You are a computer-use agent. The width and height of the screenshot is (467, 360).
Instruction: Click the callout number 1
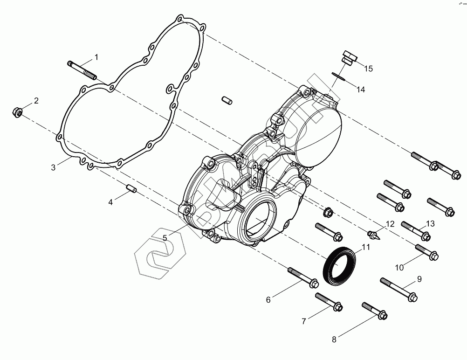pyautogui.click(x=96, y=57)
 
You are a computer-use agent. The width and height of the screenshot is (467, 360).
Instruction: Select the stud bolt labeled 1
pyautogui.click(x=82, y=69)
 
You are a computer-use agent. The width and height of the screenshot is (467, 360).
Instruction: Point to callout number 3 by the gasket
pyautogui.click(x=54, y=167)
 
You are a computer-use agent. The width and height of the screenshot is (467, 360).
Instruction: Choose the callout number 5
pyautogui.click(x=165, y=237)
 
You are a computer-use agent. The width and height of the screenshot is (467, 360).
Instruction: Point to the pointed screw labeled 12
pyautogui.click(x=374, y=233)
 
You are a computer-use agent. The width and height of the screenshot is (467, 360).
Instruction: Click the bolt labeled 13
pyautogui.click(x=415, y=228)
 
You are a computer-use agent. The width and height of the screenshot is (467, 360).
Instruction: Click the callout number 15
pyautogui.click(x=368, y=69)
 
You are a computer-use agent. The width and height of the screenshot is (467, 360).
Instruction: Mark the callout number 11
pyautogui.click(x=366, y=247)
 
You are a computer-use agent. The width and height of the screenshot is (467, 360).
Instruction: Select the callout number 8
pyautogui.click(x=334, y=339)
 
